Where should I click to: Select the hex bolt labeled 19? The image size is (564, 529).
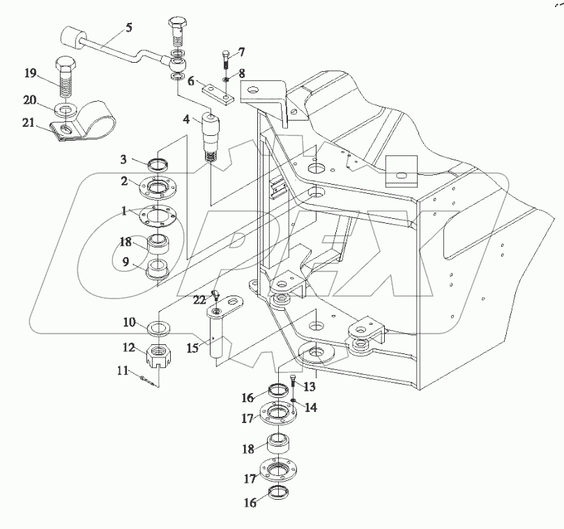point(65,78)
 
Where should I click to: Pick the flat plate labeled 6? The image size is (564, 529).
point(215,92)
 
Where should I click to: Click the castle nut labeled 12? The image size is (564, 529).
point(160,358)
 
